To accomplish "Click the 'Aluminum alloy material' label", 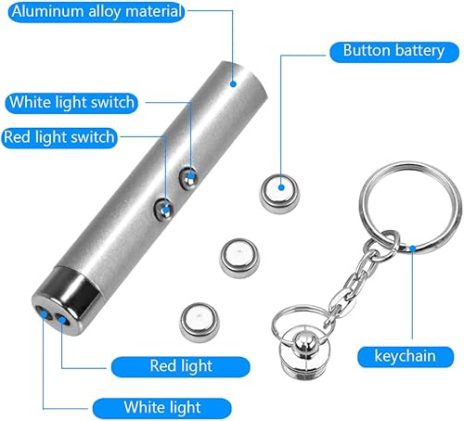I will (92, 13).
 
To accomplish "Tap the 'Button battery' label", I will (393, 50).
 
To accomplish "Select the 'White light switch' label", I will (84, 102).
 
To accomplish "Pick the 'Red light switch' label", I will (59, 137).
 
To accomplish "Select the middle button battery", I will (238, 253).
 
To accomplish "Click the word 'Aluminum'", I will (43, 13).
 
